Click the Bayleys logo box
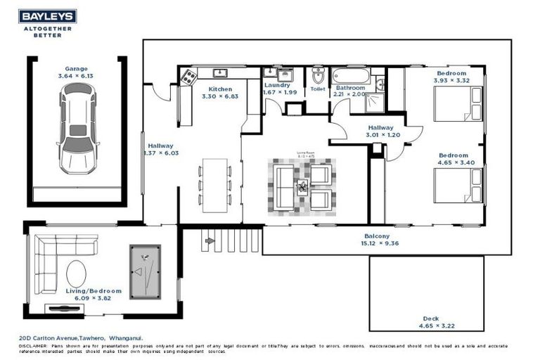(48, 17)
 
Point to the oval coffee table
(77, 273)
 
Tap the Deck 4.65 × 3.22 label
(427, 322)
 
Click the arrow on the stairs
(209, 240)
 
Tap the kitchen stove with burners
(188, 76)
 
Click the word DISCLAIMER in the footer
(33, 347)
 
